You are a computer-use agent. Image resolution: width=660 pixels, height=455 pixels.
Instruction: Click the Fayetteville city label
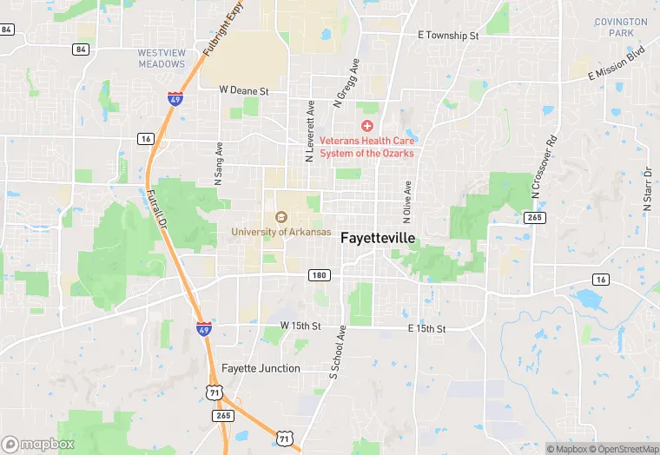378,237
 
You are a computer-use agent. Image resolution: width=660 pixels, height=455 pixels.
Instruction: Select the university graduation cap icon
280,217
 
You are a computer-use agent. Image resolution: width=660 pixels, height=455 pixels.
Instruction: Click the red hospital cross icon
367,127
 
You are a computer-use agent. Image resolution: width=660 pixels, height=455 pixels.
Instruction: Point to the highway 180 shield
319,275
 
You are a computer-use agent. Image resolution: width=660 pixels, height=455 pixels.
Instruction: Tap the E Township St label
447,36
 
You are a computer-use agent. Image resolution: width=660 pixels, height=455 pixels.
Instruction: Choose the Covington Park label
621,27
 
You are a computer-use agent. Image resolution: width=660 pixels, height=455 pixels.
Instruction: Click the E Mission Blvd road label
617,63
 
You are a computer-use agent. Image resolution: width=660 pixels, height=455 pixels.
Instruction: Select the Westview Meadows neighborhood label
162,58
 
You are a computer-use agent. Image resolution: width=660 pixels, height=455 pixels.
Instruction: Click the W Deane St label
244,89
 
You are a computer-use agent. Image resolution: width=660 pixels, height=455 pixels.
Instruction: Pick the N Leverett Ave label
309,131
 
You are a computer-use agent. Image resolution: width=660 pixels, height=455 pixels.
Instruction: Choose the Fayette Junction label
261,368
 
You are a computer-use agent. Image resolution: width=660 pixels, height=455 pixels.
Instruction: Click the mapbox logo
37,444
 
